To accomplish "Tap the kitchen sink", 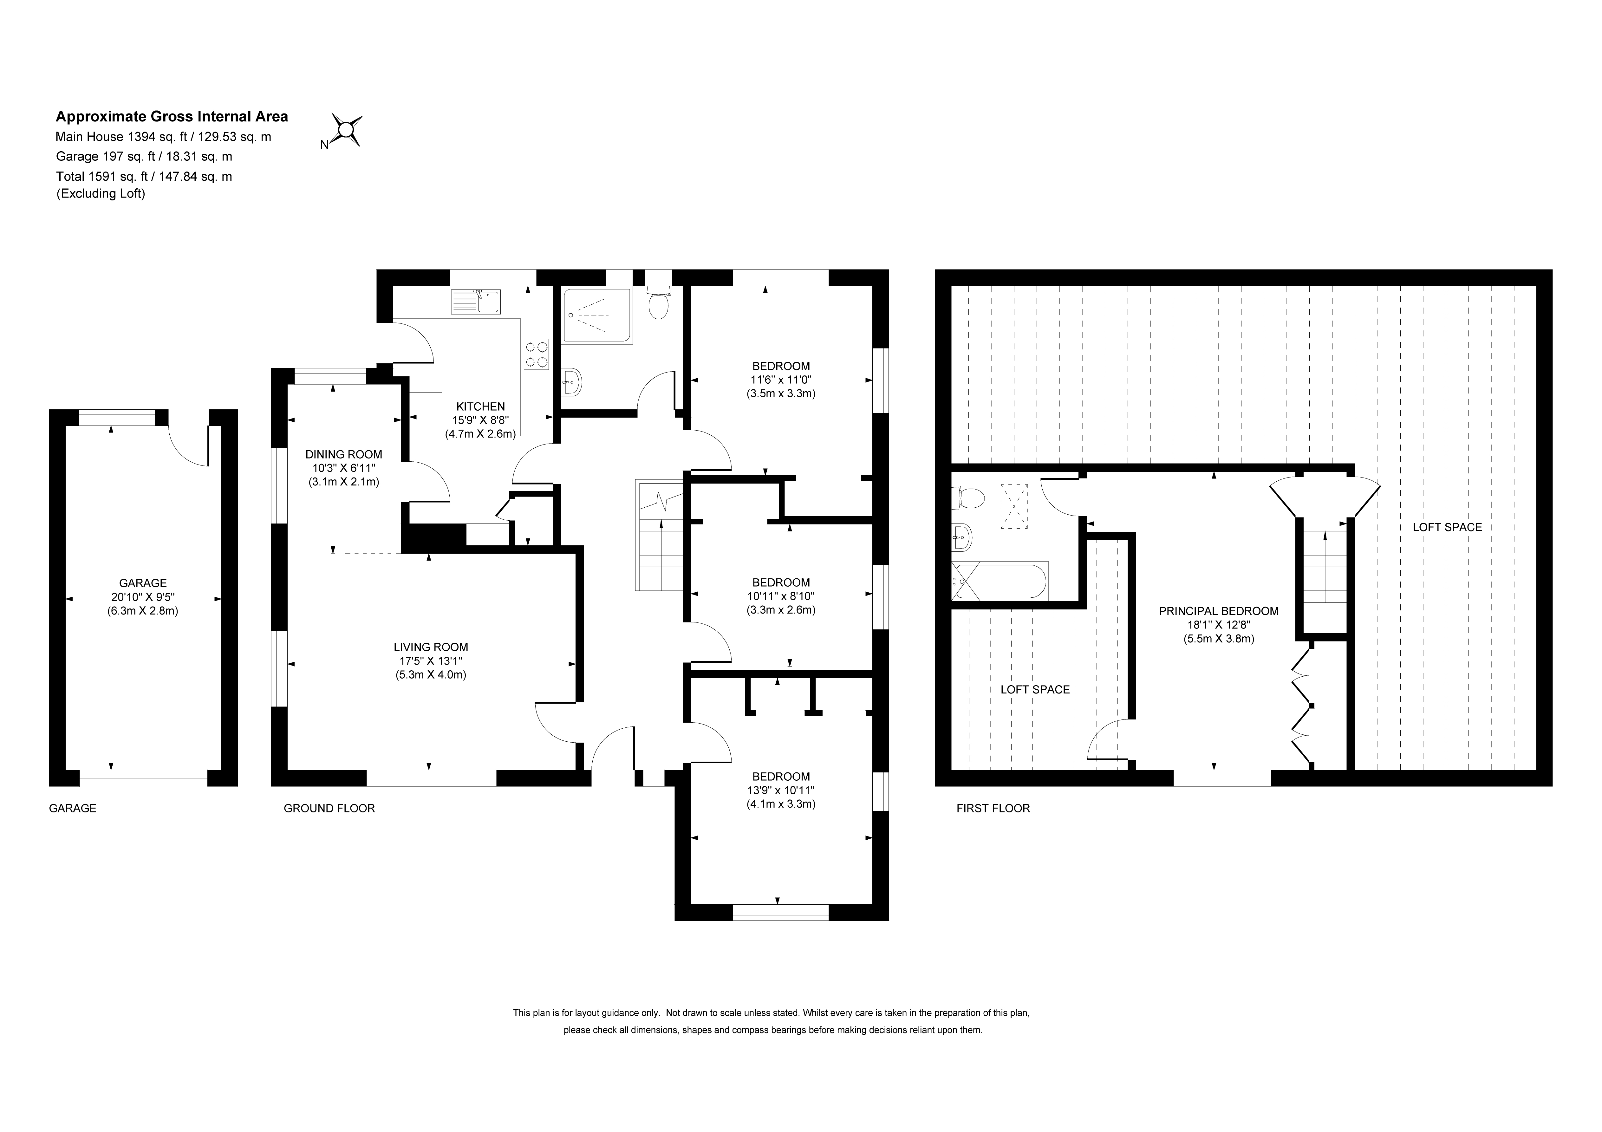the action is pyautogui.click(x=476, y=302).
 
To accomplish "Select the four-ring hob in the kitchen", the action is pyautogui.click(x=536, y=354).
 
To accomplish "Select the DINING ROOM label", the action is pyautogui.click(x=344, y=454).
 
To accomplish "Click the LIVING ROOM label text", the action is pyautogui.click(x=431, y=647).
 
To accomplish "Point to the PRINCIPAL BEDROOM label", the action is pyautogui.click(x=1219, y=611).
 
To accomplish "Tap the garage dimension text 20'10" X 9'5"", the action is pyautogui.click(x=143, y=597).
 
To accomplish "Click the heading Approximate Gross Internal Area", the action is pyautogui.click(x=172, y=117).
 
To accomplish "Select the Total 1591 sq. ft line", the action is pyautogui.click(x=144, y=177).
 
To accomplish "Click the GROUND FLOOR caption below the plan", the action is pyautogui.click(x=329, y=808).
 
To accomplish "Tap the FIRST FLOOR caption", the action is pyautogui.click(x=993, y=808).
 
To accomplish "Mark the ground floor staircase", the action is pyautogui.click(x=659, y=535).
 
